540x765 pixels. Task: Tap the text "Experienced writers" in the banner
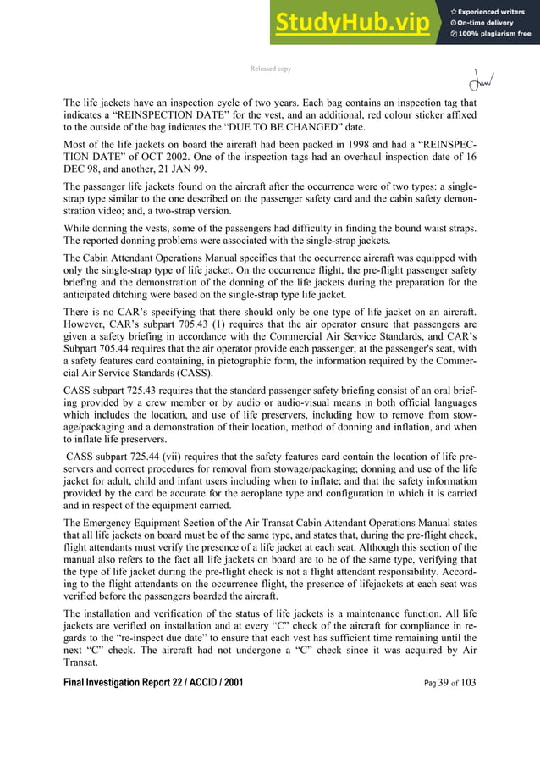click(495, 8)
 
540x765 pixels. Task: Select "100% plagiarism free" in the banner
click(495, 34)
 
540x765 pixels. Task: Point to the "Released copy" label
click(270, 68)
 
